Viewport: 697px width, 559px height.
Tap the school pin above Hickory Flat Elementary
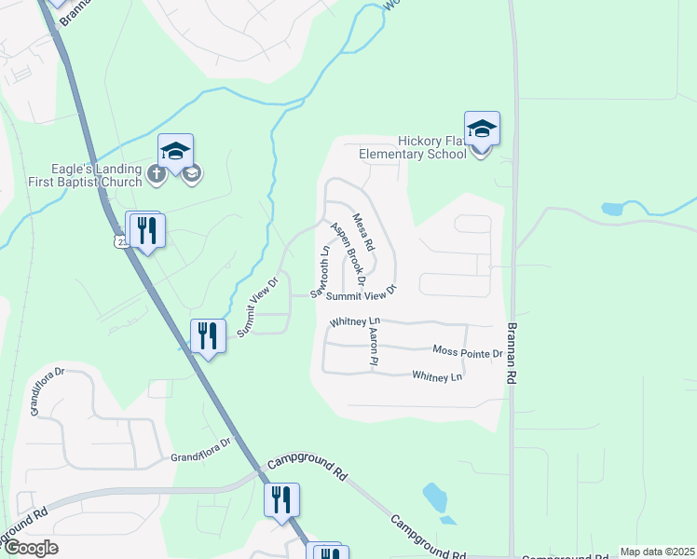pyautogui.click(x=482, y=129)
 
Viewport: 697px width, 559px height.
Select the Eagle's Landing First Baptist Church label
pyautogui.click(x=86, y=175)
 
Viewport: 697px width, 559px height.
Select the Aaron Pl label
pyautogui.click(x=373, y=344)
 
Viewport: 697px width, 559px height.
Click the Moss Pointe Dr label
pyautogui.click(x=468, y=353)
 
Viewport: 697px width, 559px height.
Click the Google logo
pyautogui.click(x=30, y=548)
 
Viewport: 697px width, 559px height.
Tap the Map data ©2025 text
pyautogui.click(x=657, y=552)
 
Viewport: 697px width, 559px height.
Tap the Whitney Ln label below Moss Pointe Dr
pyautogui.click(x=437, y=376)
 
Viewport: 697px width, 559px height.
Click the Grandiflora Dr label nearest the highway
pyautogui.click(x=199, y=457)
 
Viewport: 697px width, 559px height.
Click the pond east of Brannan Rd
pyautogui.click(x=613, y=210)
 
